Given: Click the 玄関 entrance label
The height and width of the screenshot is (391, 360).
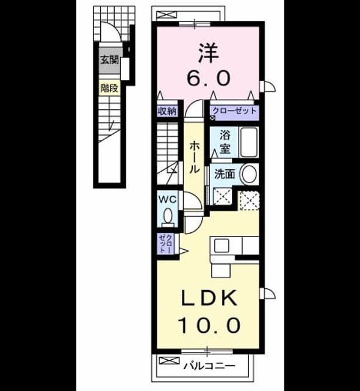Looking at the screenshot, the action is pyautogui.click(x=109, y=60).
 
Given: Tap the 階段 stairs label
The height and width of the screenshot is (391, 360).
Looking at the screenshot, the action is pyautogui.click(x=109, y=88).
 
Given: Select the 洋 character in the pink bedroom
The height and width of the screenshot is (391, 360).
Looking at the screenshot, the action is pyautogui.click(x=209, y=53).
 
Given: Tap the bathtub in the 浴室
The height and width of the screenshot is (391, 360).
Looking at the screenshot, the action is pyautogui.click(x=249, y=142).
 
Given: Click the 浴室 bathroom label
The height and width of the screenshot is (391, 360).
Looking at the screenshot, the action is pyautogui.click(x=225, y=142).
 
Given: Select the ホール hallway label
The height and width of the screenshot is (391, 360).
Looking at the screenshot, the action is pyautogui.click(x=194, y=157).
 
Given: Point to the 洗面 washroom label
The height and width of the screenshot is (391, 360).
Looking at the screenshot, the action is pyautogui.click(x=225, y=174).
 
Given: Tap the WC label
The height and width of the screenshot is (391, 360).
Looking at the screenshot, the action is pyautogui.click(x=168, y=200).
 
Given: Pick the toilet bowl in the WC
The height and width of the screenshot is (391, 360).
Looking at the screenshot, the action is pyautogui.click(x=168, y=216).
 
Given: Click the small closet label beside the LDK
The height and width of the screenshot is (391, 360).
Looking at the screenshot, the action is pyautogui.click(x=165, y=244).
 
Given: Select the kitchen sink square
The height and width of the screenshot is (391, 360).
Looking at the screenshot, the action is pyautogui.click(x=221, y=246).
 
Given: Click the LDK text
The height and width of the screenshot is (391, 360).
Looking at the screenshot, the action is pyautogui.click(x=209, y=298).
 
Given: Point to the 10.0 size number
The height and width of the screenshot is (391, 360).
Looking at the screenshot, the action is pyautogui.click(x=209, y=326).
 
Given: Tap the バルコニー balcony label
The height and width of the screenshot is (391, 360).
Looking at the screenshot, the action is pyautogui.click(x=209, y=366).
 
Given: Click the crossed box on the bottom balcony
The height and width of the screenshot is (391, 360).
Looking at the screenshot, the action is pyautogui.click(x=169, y=360).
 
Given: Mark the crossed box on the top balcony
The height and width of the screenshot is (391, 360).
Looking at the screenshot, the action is pyautogui.click(x=167, y=15).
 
